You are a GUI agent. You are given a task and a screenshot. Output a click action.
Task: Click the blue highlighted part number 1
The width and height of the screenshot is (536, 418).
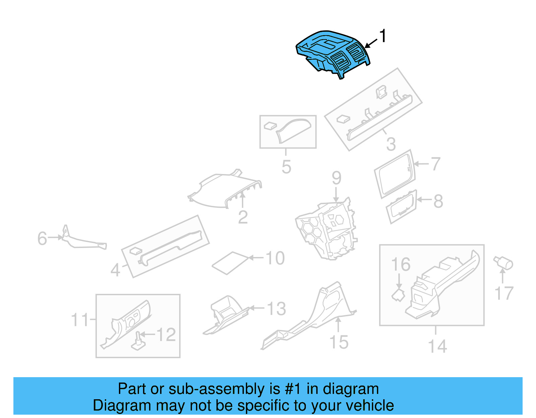click(x=332, y=54)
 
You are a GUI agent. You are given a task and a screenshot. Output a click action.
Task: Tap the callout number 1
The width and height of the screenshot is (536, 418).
click(x=383, y=36)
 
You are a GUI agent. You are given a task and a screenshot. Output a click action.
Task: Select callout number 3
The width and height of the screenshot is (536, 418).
click(x=391, y=144)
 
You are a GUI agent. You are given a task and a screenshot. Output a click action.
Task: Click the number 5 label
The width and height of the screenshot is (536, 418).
click(x=286, y=167)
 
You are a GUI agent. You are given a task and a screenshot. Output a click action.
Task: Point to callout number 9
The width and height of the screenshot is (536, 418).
click(x=336, y=178)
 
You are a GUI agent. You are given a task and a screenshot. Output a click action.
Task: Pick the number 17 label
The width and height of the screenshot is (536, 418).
click(x=504, y=294)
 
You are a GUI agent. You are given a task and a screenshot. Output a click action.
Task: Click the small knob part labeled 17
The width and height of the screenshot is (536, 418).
click(x=504, y=263)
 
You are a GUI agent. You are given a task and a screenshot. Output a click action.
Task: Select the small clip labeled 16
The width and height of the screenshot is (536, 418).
click(x=398, y=295)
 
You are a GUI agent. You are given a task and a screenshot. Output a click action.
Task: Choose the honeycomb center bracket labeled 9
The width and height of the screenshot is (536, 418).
click(x=327, y=231)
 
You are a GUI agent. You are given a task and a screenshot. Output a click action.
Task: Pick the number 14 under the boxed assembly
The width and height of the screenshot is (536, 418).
click(x=438, y=346)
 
